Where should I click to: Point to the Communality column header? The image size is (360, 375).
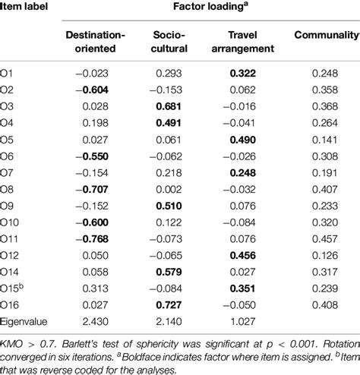click(x=326, y=36)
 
